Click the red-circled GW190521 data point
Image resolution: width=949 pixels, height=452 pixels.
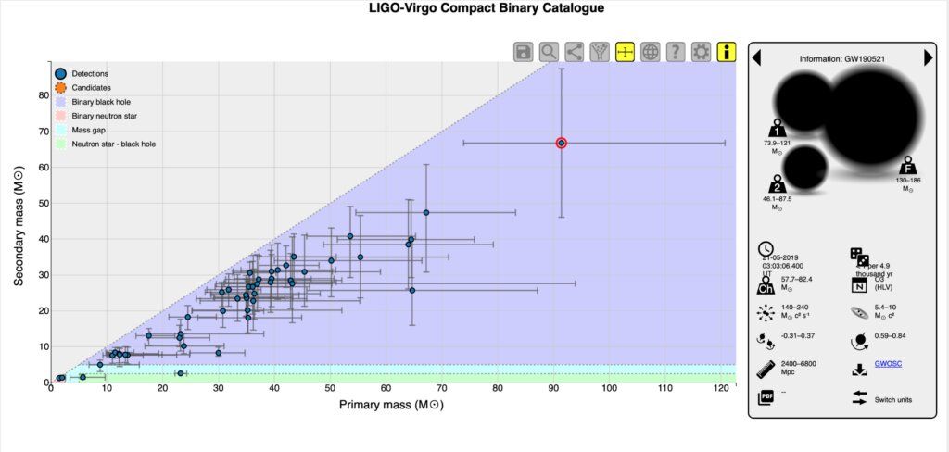click(x=562, y=143)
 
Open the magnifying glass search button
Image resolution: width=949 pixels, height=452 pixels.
click(x=549, y=52)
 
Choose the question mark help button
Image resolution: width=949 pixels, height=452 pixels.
click(x=676, y=52)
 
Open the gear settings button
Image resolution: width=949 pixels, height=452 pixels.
click(x=702, y=52)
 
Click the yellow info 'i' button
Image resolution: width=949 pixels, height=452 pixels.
click(x=727, y=52)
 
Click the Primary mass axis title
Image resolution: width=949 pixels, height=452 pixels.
click(x=388, y=406)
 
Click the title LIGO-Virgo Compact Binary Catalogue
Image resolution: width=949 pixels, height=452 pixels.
click(x=474, y=8)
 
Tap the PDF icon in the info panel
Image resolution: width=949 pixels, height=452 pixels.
click(x=766, y=396)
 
